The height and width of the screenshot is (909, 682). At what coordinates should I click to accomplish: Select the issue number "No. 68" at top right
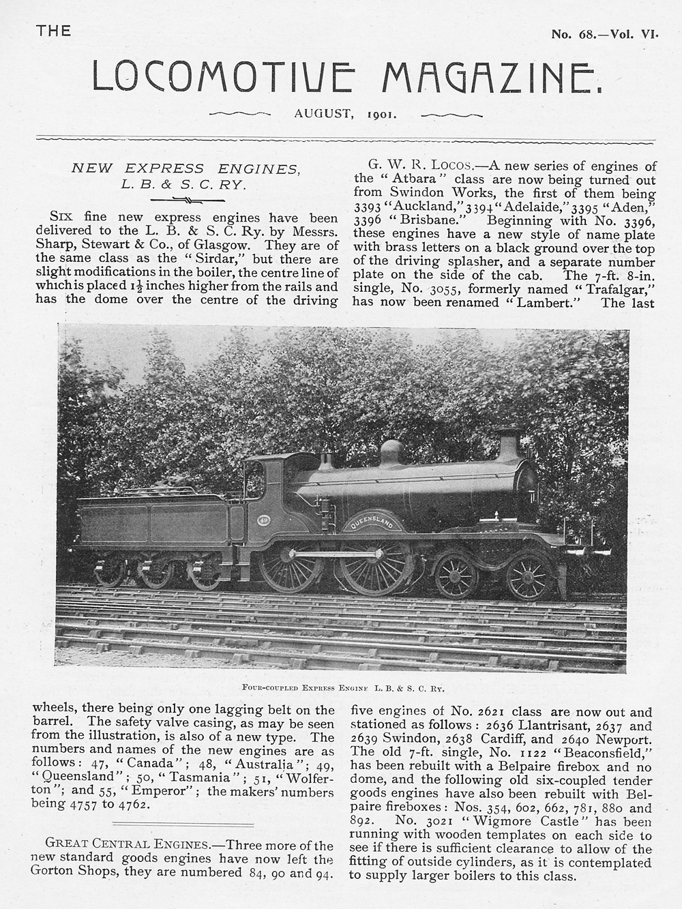pyautogui.click(x=571, y=33)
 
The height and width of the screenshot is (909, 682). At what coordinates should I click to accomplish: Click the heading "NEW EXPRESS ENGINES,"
pyautogui.click(x=185, y=168)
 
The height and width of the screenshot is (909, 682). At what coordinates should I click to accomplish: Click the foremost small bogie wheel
pyautogui.click(x=529, y=575)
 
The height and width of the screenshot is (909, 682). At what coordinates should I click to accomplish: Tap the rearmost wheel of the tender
pyautogui.click(x=110, y=571)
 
